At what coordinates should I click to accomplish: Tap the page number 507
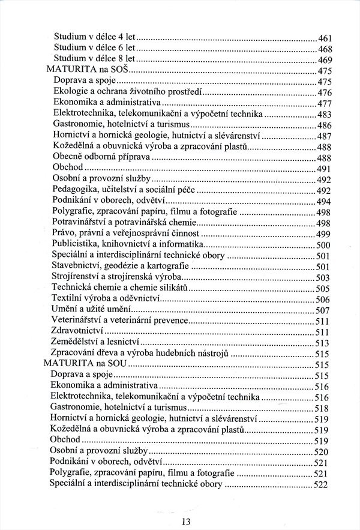pos(324,310)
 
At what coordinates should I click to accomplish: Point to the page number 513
pos(324,343)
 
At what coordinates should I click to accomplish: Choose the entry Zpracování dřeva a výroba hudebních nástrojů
pos(140,353)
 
